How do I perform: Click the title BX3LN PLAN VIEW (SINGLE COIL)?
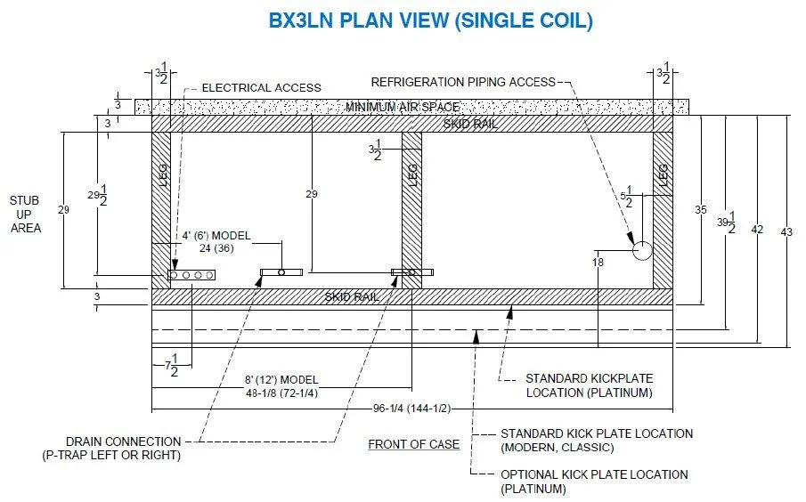point(430,20)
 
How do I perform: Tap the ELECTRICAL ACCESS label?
point(261,87)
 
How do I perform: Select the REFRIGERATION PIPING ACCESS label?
point(462,82)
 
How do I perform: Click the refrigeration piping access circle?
point(642,250)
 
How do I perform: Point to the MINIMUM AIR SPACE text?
point(410,107)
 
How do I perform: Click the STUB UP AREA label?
point(25,214)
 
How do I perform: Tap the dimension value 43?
point(786,231)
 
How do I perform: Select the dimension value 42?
point(758,230)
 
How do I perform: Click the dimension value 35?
point(701,210)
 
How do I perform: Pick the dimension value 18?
point(598,262)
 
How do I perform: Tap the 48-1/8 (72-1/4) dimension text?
point(281,392)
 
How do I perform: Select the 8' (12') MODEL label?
point(281,379)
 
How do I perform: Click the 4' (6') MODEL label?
point(216,235)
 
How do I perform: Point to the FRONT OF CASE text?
point(414,444)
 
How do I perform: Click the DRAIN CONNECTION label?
point(123,441)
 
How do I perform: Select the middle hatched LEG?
point(411,210)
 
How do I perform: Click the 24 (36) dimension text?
point(216,248)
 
